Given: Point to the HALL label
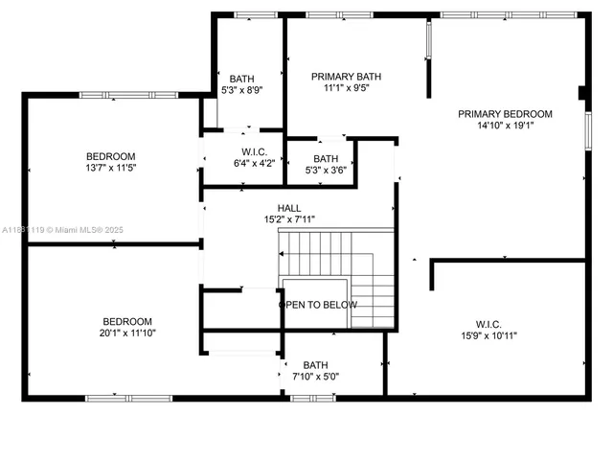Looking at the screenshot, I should tap(289, 208).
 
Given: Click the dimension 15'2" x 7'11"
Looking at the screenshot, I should tap(289, 219).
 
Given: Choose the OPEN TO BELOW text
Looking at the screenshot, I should tap(318, 305).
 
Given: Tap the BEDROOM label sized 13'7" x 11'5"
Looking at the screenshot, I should tap(110, 156).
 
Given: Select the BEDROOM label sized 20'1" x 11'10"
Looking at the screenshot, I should tap(127, 321).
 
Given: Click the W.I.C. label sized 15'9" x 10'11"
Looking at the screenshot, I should tap(488, 324).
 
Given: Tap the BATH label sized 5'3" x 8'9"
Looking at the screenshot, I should tap(241, 79).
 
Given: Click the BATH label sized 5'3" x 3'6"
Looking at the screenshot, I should tap(326, 159).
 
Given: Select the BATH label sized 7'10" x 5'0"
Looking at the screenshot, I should tap(315, 365).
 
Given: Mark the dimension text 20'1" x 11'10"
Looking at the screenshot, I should tap(127, 333).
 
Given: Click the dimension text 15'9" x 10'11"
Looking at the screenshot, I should tap(488, 335).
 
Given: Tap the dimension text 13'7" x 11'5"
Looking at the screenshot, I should tap(110, 168).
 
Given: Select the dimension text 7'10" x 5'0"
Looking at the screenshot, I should tap(315, 377).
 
